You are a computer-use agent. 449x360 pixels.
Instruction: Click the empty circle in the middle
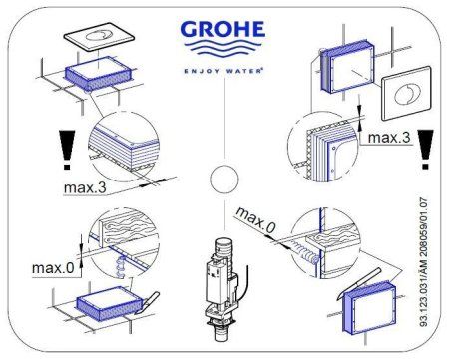[225, 182]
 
